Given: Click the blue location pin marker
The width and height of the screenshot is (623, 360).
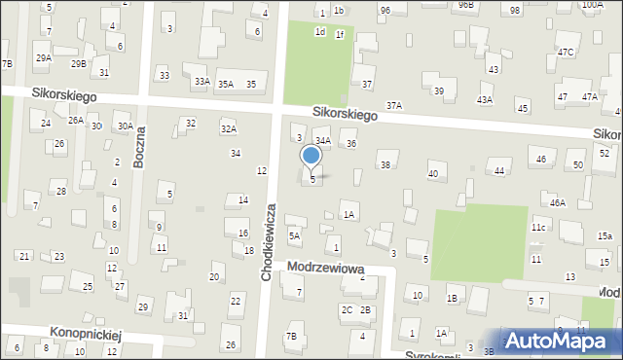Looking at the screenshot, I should [311, 156].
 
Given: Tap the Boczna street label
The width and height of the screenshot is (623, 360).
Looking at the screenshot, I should [140, 148].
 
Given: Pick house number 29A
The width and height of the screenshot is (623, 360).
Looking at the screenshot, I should [44, 58].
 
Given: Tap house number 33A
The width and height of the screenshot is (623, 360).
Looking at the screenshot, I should [202, 82].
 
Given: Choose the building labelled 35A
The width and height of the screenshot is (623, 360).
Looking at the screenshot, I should [226, 85].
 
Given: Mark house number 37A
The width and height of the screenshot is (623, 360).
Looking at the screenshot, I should [394, 105].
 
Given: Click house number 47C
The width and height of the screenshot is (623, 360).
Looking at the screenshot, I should [566, 51].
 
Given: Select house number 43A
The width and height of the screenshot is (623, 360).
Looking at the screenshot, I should [485, 100].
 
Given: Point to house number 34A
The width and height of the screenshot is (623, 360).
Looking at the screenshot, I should [323, 141].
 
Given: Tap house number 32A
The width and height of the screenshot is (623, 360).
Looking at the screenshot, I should [228, 128].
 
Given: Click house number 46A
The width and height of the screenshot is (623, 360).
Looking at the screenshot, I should [557, 202].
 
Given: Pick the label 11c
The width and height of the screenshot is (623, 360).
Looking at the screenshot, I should [537, 227].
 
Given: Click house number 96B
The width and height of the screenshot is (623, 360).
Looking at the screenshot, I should [468, 5].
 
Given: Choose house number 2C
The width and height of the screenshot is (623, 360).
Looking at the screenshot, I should [347, 309].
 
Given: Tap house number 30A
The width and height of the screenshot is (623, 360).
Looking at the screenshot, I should [126, 126].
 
